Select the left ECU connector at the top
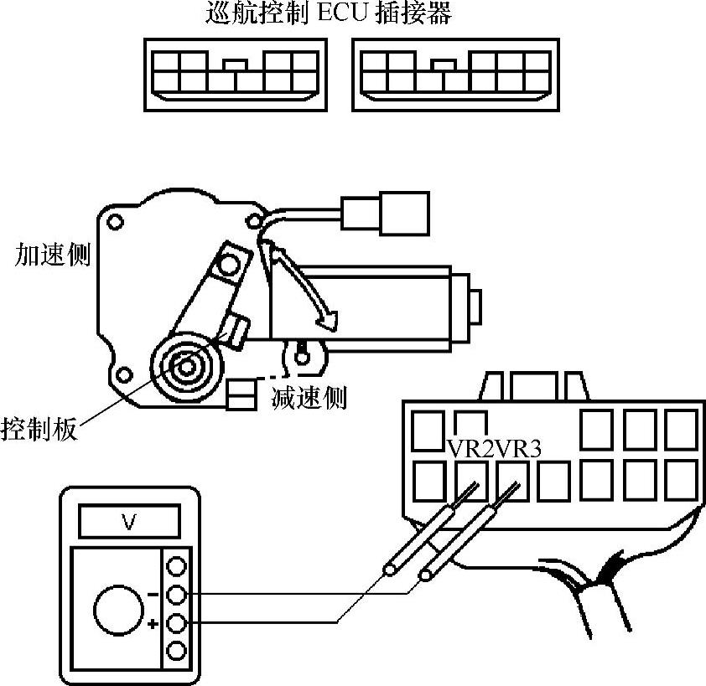pos(234,74)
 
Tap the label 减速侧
pos(309,397)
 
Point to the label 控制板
pos(39,430)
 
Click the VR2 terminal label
pos(471,449)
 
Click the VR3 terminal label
pos(518,449)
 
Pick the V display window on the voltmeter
pos(128,524)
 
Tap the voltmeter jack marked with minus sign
pos(177,595)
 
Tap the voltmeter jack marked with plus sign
pos(177,622)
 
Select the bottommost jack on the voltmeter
pos(177,650)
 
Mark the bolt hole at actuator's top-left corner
pos(116,222)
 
